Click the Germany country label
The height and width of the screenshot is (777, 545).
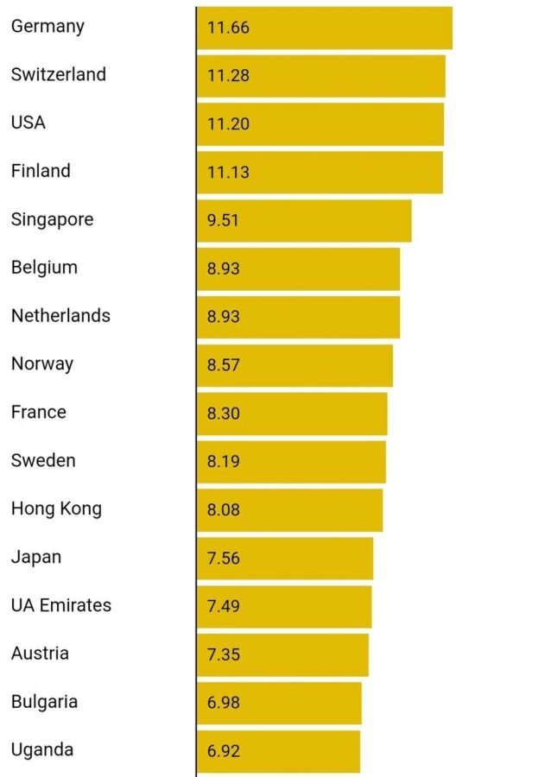pos(48,27)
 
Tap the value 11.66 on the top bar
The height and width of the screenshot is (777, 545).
pos(228,28)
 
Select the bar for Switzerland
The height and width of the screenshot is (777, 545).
pos(320,76)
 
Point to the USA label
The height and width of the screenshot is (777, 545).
pos(28,123)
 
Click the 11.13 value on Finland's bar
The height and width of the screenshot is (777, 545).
pos(228,173)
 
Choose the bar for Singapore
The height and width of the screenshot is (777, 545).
pos(304,220)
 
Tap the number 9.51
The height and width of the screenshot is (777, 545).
pos(223,220)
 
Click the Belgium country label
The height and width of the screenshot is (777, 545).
pos(44,268)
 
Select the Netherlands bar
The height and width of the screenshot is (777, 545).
pos(298,317)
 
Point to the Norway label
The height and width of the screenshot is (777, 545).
pos(41,364)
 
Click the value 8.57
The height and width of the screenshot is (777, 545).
pos(223,365)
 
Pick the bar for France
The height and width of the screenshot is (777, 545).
pos(292,414)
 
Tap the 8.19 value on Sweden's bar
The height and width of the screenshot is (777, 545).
pos(223,462)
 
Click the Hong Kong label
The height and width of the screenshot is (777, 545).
pos(56,509)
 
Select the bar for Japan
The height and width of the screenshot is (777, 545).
pos(285,558)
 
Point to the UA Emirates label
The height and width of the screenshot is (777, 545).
pos(60,605)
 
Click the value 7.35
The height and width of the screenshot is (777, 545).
pos(223,654)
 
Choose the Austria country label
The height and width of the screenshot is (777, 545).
pos(40,654)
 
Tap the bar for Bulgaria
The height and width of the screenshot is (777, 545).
pos(279,703)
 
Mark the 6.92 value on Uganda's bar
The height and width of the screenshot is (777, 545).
pos(223,751)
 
